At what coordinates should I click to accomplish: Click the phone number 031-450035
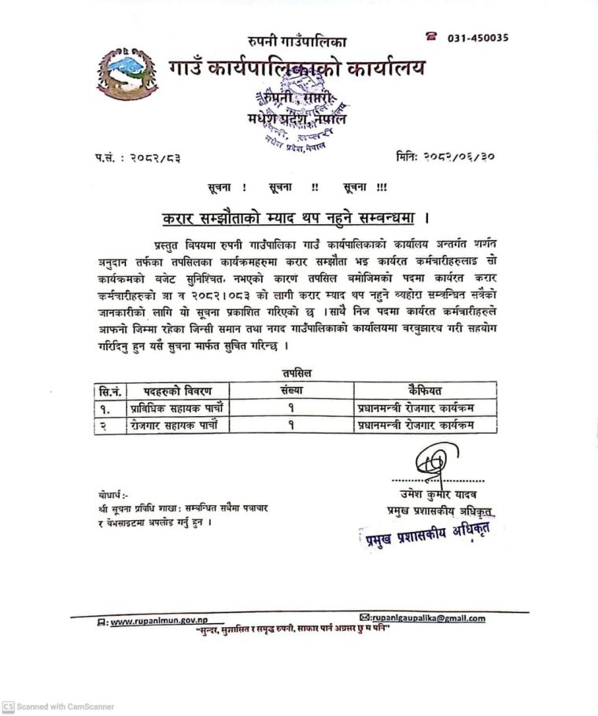point(478,37)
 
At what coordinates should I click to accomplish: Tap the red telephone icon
point(430,36)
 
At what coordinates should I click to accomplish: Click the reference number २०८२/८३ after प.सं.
point(154,158)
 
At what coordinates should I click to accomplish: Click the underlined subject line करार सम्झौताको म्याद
point(292,217)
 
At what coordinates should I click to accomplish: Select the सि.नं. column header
point(109,390)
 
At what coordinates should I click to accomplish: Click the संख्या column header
point(291,390)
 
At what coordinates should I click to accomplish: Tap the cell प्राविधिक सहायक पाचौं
point(179,408)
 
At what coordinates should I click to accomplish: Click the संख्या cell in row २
point(291,425)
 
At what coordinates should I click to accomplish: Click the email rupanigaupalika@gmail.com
point(427,618)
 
